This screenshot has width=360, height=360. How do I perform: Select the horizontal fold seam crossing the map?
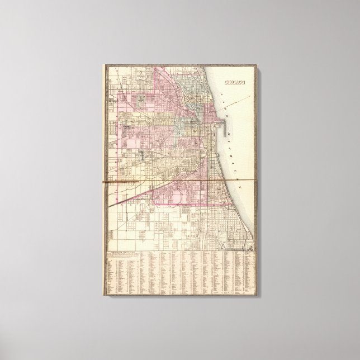(x=179, y=181)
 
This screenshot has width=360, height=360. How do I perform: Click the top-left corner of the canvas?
(x=102, y=63)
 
